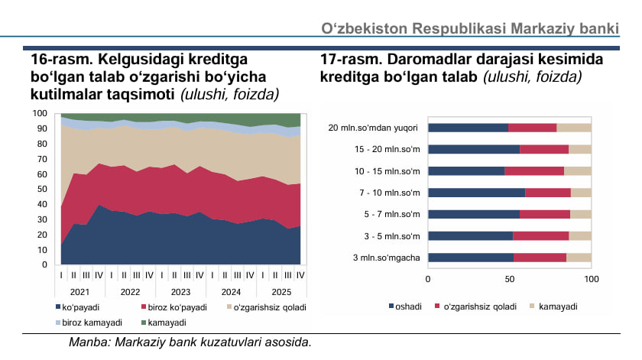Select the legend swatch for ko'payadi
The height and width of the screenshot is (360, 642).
click(57, 307)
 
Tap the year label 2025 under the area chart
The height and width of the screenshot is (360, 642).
click(282, 291)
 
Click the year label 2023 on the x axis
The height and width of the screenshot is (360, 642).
click(180, 291)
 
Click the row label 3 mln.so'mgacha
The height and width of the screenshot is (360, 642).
click(385, 258)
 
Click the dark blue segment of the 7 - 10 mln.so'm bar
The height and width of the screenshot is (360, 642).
click(476, 193)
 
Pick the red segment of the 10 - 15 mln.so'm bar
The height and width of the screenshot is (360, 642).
click(534, 171)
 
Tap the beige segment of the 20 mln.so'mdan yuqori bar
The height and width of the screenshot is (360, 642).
click(574, 128)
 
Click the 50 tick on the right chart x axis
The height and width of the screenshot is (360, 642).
click(509, 279)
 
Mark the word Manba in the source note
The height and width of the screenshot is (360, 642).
click(86, 342)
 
